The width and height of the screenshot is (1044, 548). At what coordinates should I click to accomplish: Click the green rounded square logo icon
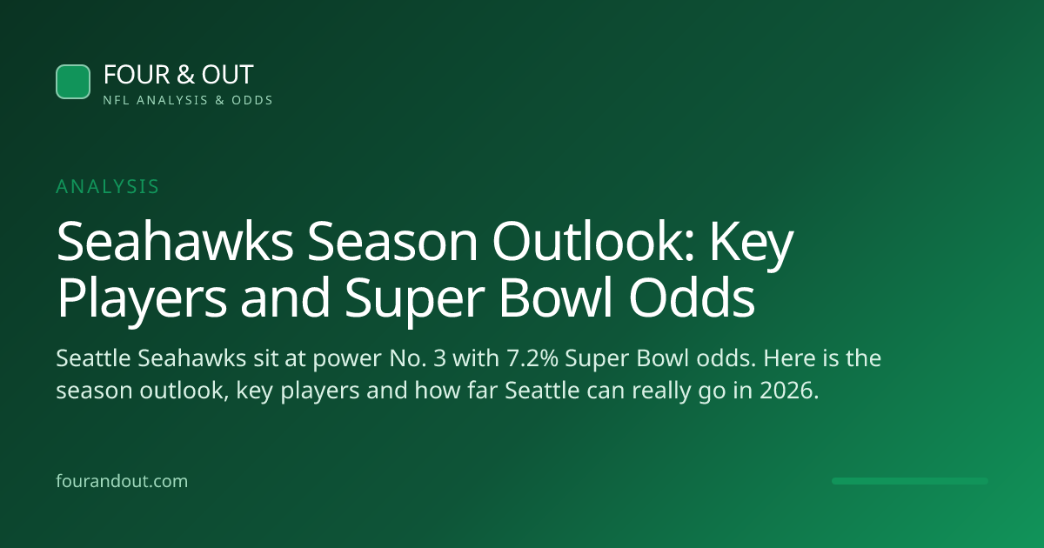[73, 82]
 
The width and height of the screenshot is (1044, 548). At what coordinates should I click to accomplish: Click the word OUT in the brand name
[227, 75]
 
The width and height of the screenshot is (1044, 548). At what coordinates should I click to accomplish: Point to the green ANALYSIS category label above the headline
[108, 186]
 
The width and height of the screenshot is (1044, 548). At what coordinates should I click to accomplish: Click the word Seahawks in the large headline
[175, 242]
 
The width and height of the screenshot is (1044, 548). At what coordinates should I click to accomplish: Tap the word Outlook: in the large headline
[593, 242]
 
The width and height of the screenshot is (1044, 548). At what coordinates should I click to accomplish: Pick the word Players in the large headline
[142, 298]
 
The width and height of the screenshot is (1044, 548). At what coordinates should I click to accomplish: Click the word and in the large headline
[285, 297]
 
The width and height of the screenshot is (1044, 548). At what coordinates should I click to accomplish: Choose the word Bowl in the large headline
[556, 297]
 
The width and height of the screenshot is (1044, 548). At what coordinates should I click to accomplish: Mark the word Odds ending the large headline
[692, 297]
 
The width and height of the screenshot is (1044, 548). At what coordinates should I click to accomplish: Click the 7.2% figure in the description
[532, 358]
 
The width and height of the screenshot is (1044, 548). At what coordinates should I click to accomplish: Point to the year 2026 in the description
[786, 390]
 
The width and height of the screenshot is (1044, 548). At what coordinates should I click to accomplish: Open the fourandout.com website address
[122, 481]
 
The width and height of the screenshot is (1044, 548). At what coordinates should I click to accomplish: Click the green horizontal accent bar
[910, 481]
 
